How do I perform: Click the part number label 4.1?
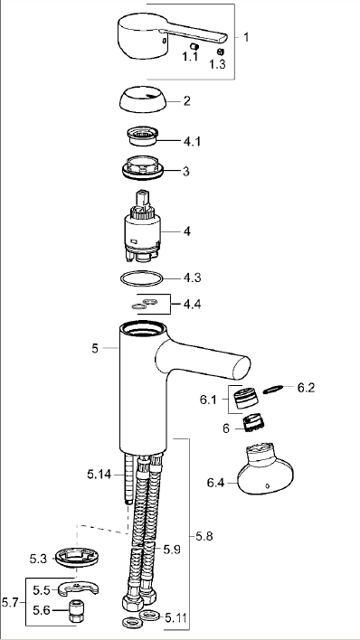[192, 142]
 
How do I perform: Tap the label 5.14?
[99, 475]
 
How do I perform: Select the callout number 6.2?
[306, 388]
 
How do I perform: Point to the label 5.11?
[176, 618]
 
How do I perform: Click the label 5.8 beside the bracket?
[204, 536]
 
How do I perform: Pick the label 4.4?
[192, 305]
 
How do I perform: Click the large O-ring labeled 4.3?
[142, 278]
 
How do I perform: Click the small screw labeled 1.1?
[194, 46]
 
